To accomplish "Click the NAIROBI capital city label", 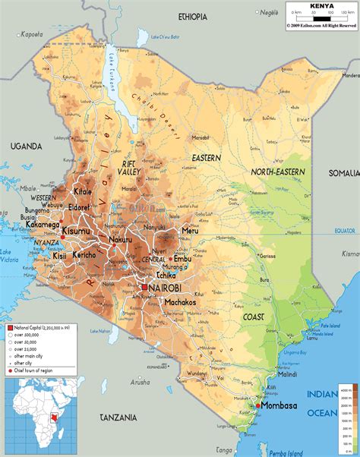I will pyautogui.click(x=167, y=290).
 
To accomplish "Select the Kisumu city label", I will pyautogui.click(x=77, y=231).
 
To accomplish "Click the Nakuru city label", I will pyautogui.click(x=120, y=240).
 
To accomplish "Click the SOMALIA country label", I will pyautogui.click(x=343, y=173).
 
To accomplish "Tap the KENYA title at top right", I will pyautogui.click(x=321, y=6).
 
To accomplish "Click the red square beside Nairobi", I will pyautogui.click(x=144, y=288).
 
